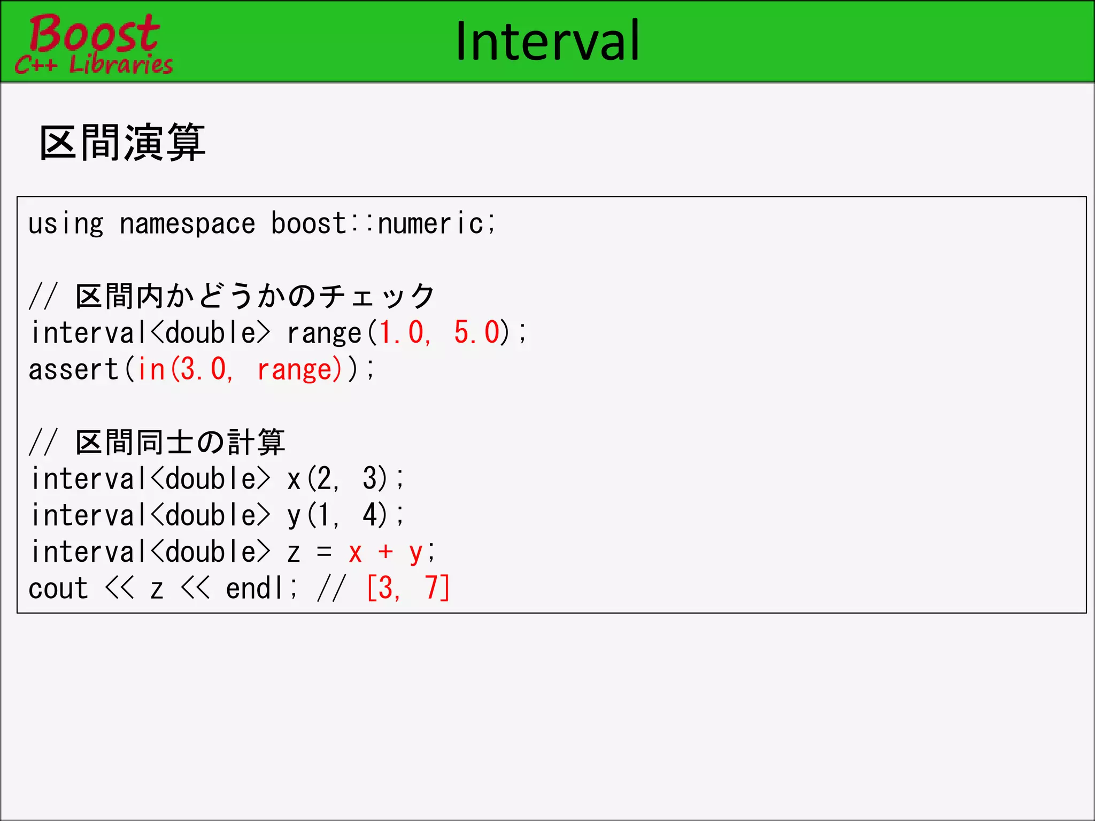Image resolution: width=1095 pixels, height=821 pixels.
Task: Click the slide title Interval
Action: pyautogui.click(x=547, y=41)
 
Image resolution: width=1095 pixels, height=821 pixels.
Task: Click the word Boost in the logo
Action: pyautogui.click(x=94, y=33)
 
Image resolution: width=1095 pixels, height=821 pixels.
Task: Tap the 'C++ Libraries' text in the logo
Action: pyautogui.click(x=94, y=65)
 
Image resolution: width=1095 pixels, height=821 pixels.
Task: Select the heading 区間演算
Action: pyautogui.click(x=122, y=143)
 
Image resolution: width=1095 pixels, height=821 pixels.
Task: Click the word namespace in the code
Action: pyautogui.click(x=187, y=224)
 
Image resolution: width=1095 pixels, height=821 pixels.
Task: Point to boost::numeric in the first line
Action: pyautogui.click(x=382, y=224)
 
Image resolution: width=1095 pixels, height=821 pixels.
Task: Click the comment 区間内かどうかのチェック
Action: pyautogui.click(x=255, y=296)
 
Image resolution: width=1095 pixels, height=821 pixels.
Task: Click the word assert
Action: pyautogui.click(x=73, y=370)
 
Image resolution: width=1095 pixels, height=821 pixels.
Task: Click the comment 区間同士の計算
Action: pyautogui.click(x=180, y=443)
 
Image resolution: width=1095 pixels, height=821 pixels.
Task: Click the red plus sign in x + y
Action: pyautogui.click(x=385, y=552)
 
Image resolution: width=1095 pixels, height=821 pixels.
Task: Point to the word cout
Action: pyautogui.click(x=58, y=589)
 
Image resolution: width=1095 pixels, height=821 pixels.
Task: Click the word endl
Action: pyautogui.click(x=255, y=589)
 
